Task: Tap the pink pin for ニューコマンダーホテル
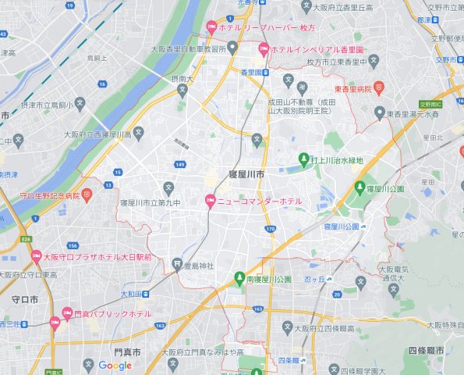209,202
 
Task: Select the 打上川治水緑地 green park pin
304,160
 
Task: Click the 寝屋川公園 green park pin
360,187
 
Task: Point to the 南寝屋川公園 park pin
239,279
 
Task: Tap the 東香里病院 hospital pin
379,87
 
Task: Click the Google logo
115,366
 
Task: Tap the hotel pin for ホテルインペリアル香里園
264,49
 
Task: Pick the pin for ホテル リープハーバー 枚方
211,27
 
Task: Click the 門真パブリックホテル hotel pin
55,321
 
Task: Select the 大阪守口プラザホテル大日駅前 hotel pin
35,255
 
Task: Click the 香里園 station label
255,73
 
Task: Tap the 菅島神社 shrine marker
179,263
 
